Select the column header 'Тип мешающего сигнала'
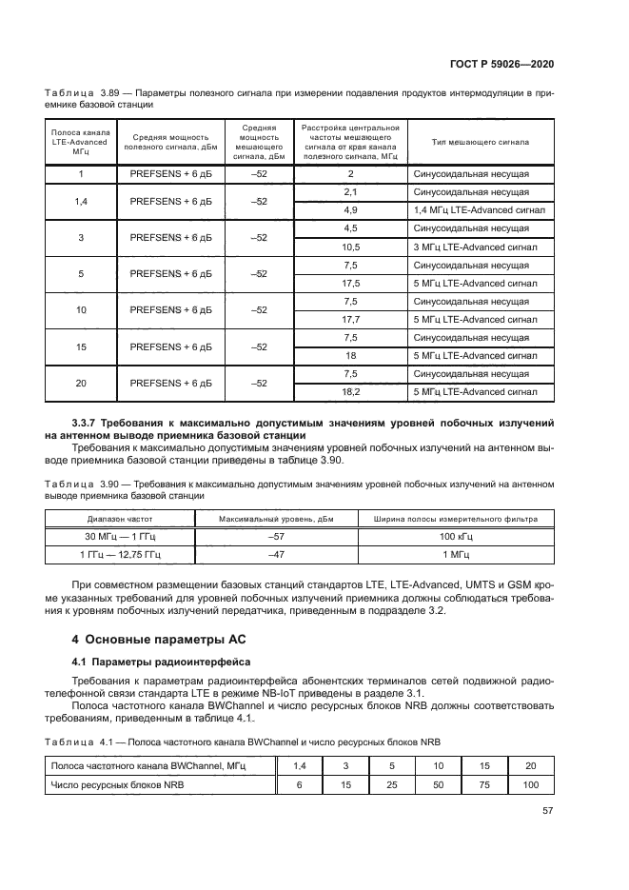[480, 142]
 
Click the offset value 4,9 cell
[350, 208]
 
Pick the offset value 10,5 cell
[350, 246]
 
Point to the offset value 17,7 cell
[350, 319]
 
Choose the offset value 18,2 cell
[350, 391]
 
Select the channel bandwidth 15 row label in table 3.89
[81, 346]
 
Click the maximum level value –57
[276, 537]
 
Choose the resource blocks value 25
[391, 784]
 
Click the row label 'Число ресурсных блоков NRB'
[116, 784]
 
